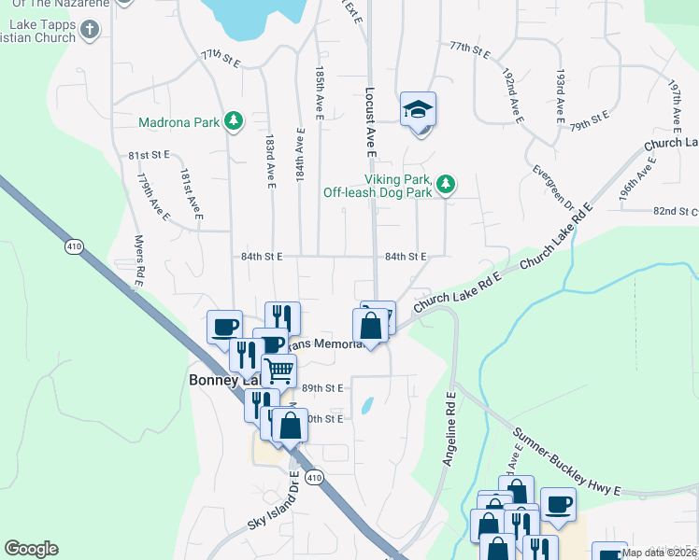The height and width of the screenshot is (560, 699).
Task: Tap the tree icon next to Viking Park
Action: pos(448,184)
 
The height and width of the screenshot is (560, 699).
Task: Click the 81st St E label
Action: pos(149,154)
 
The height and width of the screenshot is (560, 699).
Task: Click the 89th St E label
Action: pos(322,387)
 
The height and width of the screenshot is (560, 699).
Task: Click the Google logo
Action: pos(31,549)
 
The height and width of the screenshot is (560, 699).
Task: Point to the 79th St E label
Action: pos(590,119)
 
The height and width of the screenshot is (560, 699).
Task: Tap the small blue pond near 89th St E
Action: pos(366,406)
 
